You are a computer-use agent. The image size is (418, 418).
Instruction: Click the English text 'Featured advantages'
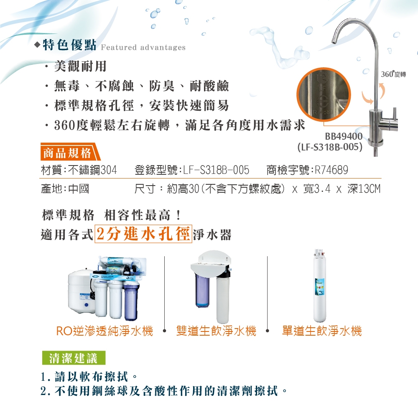143,48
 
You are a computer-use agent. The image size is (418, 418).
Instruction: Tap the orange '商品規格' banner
70,152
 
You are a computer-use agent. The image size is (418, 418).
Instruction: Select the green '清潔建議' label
74,358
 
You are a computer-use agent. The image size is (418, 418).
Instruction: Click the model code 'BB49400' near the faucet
344,137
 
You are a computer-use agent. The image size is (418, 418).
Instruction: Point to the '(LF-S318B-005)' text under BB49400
330,147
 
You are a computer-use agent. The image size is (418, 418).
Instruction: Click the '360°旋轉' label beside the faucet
393,74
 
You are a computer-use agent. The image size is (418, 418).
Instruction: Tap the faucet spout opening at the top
334,41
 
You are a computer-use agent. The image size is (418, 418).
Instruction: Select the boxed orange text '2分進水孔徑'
143,234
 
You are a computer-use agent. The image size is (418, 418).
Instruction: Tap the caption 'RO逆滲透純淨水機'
104,331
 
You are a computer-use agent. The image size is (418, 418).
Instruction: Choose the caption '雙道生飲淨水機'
216,331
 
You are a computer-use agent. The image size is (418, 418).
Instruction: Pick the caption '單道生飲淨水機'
322,331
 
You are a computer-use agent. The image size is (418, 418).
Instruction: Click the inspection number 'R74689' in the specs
331,170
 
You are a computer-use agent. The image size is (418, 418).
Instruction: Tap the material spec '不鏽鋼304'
92,170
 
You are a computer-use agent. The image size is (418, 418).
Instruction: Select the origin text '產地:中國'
65,189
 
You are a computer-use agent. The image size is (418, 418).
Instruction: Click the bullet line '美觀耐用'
80,66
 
